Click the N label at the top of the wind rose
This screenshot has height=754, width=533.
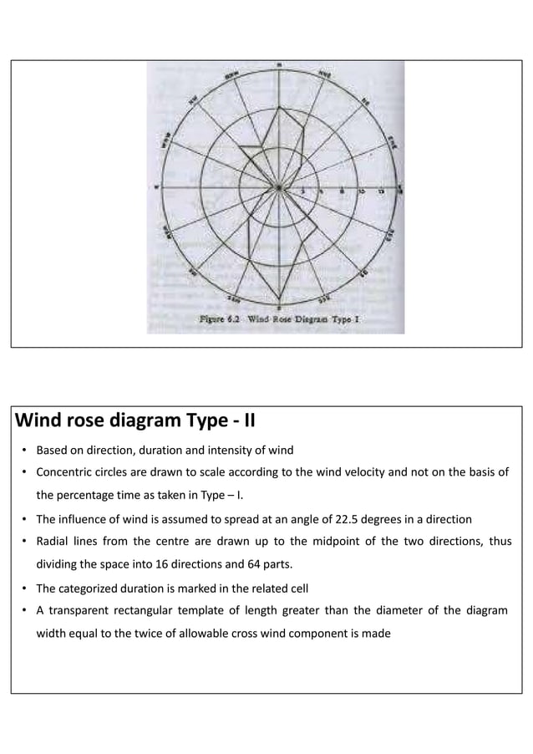point(279,64)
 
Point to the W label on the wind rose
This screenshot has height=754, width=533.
point(155,186)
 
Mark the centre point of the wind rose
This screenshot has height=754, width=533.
point(279,186)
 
